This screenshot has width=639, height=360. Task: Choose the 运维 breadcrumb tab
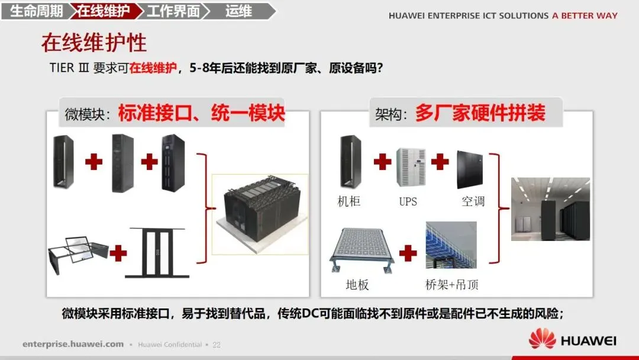point(240,11)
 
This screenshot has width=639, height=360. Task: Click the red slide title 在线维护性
point(93,43)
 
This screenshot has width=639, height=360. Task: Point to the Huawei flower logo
point(542,339)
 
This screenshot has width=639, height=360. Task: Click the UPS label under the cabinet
point(408,201)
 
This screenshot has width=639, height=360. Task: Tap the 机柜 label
point(349,201)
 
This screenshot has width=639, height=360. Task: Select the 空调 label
point(473,201)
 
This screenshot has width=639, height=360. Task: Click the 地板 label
point(357,285)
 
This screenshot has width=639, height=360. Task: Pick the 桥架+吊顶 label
point(451,285)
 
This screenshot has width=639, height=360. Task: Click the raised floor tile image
point(362,249)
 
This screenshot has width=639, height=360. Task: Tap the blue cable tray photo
point(451,245)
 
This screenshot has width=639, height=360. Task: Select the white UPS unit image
point(411,167)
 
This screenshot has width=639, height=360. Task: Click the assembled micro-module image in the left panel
point(260,214)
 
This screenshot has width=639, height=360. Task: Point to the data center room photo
point(551,209)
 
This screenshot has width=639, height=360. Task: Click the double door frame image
point(157,253)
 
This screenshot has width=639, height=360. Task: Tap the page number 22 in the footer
point(217,345)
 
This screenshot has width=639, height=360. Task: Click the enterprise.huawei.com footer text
point(73,344)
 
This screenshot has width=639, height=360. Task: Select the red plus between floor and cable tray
point(408,253)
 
